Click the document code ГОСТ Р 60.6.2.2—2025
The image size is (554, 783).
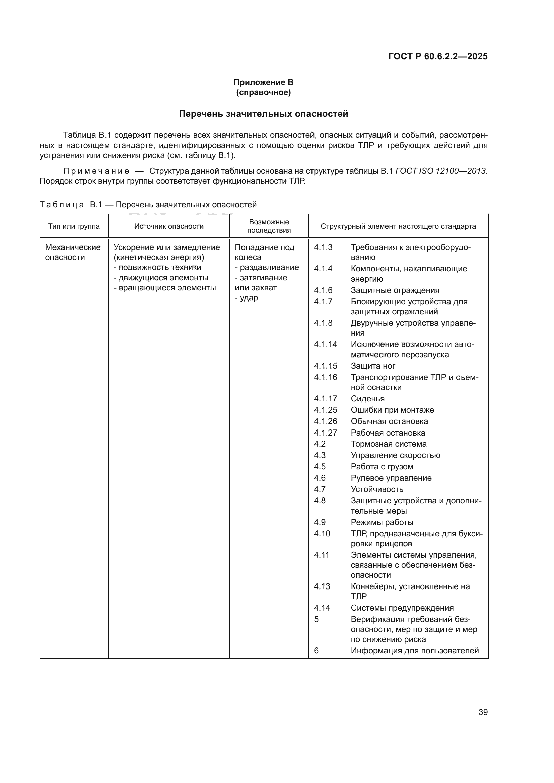click(438, 56)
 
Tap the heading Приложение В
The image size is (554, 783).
click(263, 82)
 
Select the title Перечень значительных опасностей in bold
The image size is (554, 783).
click(263, 114)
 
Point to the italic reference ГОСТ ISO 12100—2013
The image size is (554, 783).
click(441, 171)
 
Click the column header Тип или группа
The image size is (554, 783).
click(74, 226)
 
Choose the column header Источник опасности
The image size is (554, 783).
click(169, 226)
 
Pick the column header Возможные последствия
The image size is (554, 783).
click(269, 226)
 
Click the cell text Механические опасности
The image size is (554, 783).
click(73, 252)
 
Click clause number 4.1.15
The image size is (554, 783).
click(325, 366)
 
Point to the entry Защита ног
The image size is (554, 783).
click(373, 366)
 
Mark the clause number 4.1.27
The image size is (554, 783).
click(325, 433)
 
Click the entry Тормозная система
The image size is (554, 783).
click(389, 444)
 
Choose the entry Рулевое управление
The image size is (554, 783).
click(391, 478)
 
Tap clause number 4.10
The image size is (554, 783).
click(322, 533)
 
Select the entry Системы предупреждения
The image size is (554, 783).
click(402, 608)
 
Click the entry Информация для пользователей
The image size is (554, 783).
click(414, 651)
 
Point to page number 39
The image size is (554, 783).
click(483, 712)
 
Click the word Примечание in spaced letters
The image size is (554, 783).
click(96, 171)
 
